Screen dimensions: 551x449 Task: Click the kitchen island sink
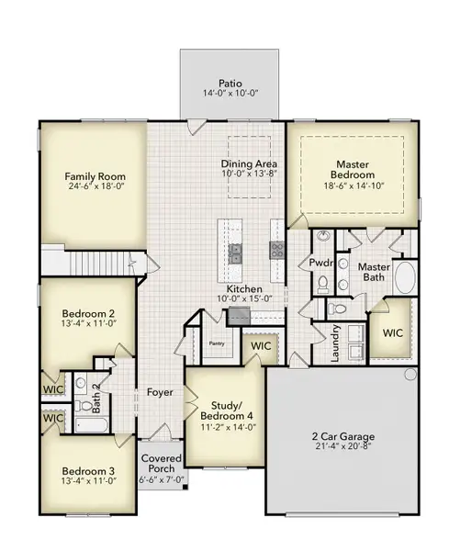coord(234,251)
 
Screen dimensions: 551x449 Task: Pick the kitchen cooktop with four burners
coord(275,249)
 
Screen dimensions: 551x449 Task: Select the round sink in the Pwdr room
coord(322,237)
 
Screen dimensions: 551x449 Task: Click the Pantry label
coord(218,343)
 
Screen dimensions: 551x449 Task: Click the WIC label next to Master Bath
coord(394,332)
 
